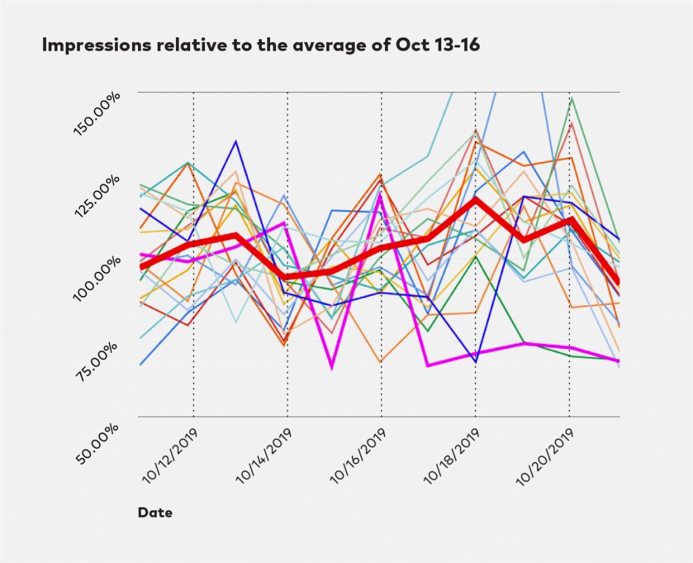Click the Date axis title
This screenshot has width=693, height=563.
[x=155, y=513]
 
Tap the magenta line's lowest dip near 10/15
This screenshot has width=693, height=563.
[x=332, y=368]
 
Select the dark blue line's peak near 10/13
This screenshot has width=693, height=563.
[x=236, y=142]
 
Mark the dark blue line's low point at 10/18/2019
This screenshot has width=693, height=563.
[x=475, y=362]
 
